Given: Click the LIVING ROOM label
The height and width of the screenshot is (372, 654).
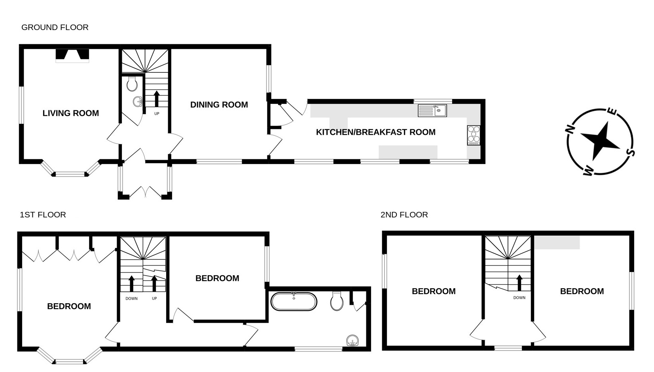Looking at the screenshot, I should pos(70,113).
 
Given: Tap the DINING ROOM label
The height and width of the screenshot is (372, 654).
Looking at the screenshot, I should pos(219,105).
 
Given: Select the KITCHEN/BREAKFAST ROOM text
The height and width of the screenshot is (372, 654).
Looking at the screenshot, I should pos(375,132).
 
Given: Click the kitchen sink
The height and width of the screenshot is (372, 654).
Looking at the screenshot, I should pos(432,110).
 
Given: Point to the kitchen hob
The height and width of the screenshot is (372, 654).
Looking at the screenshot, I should pos(473,135).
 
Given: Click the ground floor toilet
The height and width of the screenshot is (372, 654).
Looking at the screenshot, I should pos(132,84).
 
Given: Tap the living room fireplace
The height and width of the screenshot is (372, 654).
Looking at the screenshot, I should pos(72,55).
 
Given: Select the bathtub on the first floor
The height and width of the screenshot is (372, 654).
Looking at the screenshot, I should pos(294,302).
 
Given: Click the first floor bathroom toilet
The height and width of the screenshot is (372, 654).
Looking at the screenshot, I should pos(337,301).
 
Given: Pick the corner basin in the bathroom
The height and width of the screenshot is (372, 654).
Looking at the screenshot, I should pos(353,340).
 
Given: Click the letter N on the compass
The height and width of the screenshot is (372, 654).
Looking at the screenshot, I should pos(570,129).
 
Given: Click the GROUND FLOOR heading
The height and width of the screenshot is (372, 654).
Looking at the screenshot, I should pos(55,27).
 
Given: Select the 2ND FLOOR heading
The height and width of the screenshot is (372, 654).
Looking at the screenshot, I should pos(404,215).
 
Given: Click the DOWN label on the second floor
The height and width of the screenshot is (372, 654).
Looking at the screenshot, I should pos(519,298).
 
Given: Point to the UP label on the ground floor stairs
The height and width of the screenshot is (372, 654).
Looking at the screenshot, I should pos(157,114).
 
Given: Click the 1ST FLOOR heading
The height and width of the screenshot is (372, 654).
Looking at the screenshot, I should pos(43,215).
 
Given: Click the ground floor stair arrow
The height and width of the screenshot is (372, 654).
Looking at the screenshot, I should pos(156,98).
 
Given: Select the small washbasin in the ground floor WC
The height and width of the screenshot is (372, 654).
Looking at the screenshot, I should pos(138,102).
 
